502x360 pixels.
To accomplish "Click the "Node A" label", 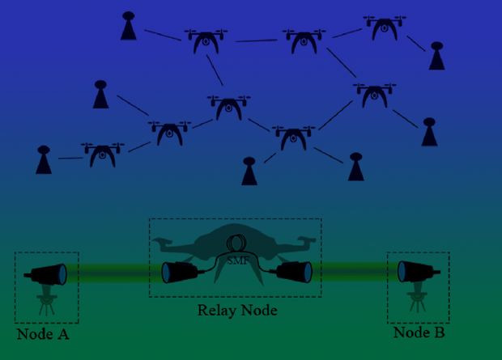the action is pyautogui.click(x=43, y=334).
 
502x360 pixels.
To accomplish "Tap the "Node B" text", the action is pyautogui.click(x=419, y=332).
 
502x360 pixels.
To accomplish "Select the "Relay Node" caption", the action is pyautogui.click(x=237, y=310).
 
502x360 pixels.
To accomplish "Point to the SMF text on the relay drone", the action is pyautogui.click(x=237, y=260).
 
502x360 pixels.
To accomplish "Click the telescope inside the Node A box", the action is pyautogui.click(x=45, y=274).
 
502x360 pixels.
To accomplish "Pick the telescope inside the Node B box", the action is pyautogui.click(x=419, y=272).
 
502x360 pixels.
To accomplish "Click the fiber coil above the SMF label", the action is pyautogui.click(x=236, y=244).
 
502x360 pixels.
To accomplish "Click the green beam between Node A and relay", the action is pyautogui.click(x=113, y=273).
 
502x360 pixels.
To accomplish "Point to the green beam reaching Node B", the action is pyautogui.click(x=355, y=272).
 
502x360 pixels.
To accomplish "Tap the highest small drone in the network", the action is pyautogui.click(x=385, y=28).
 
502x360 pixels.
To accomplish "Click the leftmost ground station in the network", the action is pyautogui.click(x=44, y=159).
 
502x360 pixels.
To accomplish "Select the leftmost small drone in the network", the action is pyautogui.click(x=103, y=155).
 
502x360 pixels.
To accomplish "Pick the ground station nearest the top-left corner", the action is pyautogui.click(x=129, y=26).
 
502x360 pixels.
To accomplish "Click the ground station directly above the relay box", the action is pyautogui.click(x=249, y=171).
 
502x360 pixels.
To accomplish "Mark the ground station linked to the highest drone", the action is pyautogui.click(x=437, y=56).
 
